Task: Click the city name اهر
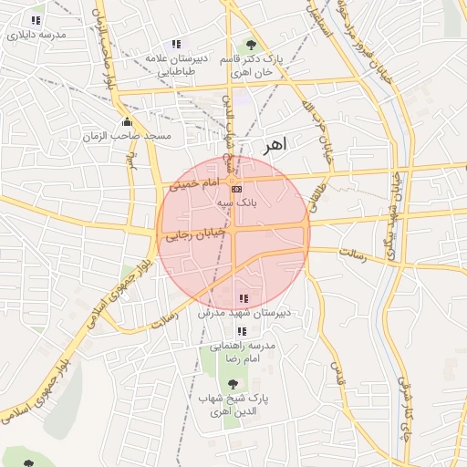[x=274, y=144]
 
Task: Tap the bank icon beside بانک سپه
[x=224, y=189]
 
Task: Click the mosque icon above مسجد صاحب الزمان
[x=126, y=122]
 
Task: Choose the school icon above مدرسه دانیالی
[x=36, y=20]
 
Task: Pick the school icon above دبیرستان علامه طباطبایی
[x=176, y=44]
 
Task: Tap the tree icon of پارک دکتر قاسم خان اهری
[x=250, y=46]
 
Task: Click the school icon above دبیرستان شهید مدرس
[x=243, y=298]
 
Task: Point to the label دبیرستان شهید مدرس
[x=244, y=312]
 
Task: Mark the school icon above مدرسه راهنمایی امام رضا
[x=242, y=332]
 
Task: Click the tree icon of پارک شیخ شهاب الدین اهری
[x=233, y=384]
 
